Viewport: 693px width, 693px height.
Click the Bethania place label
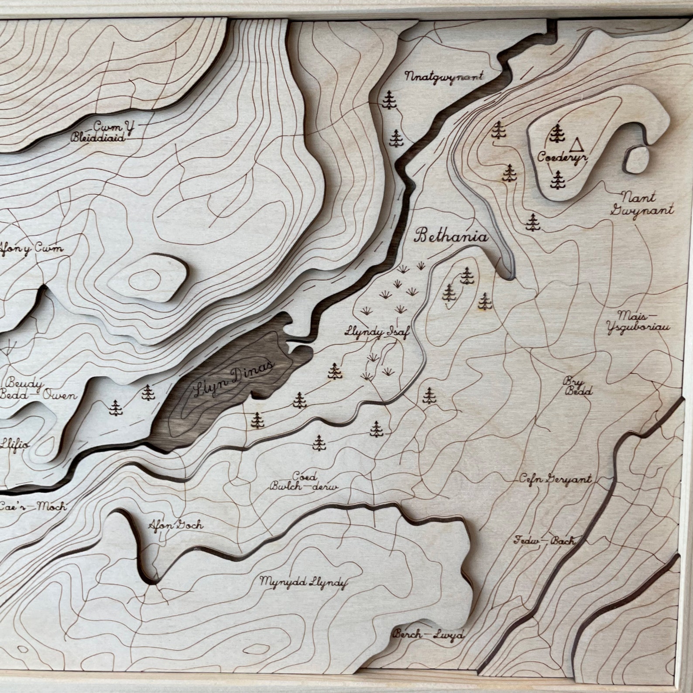[451, 237]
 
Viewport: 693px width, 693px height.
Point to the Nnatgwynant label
[444, 77]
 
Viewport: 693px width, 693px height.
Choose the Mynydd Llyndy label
[304, 582]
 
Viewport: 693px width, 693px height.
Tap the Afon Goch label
[176, 525]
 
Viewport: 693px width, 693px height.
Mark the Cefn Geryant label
[555, 479]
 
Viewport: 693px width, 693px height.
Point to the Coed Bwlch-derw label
[304, 482]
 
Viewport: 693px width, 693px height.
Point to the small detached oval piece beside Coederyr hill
[636, 160]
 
